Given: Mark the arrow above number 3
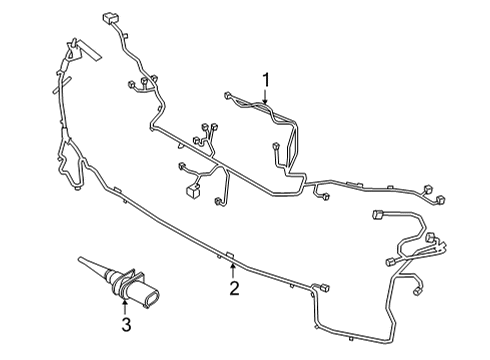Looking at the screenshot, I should (126, 305).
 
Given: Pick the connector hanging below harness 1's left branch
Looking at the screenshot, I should (274, 152).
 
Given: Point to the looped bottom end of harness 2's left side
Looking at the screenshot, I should (76, 187).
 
